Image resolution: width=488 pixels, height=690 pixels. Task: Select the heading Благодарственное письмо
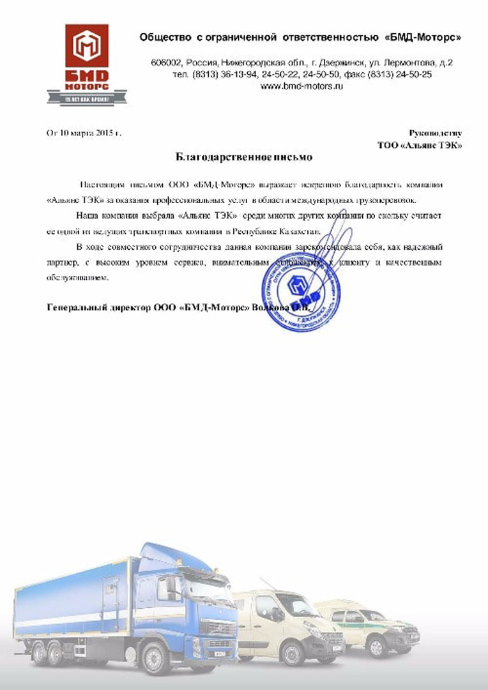tap(245, 156)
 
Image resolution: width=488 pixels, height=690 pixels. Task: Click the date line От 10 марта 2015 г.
tap(84, 134)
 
